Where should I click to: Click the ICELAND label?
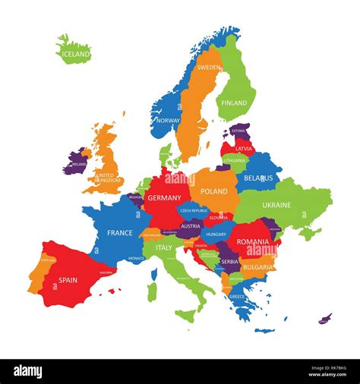coord(76,54)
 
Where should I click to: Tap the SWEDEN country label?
coord(209,68)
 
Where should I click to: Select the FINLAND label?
coord(234,102)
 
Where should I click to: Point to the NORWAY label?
coord(167,120)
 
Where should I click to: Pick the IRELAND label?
coord(79,163)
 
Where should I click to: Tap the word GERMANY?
coord(165,198)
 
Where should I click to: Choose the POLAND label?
coord(213,192)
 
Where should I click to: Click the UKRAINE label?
coord(276,205)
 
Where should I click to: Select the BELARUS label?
coord(258,178)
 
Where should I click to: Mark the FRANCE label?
coord(120,233)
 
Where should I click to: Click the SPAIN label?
coord(68,280)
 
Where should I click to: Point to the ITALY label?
coord(163,247)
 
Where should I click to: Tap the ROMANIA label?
coord(253,241)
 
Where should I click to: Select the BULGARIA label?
coord(257,267)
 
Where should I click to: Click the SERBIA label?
coord(229,261)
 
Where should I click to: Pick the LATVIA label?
coord(244,149)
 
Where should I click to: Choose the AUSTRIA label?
coord(191,226)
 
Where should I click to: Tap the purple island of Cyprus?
coord(325,318)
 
